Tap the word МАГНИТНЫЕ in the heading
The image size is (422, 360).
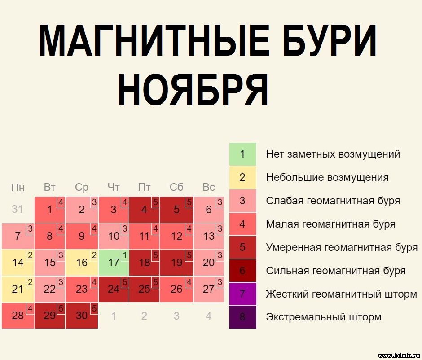point(154,40)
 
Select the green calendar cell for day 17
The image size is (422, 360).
point(114,262)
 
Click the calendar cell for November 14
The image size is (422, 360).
point(18,262)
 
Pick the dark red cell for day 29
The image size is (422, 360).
point(50,316)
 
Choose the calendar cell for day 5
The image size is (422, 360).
point(176,209)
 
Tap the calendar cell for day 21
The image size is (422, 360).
point(18,289)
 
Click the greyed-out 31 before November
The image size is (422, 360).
point(18,209)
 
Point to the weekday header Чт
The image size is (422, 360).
point(113,187)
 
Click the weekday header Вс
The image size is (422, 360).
point(209,187)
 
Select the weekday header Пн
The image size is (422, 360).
point(18,188)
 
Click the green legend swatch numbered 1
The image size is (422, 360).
point(242,154)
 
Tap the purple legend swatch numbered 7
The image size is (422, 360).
point(242,294)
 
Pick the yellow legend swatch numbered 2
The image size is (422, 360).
point(242,177)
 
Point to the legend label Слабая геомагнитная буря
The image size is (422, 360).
point(333,201)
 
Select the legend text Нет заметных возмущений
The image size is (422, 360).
point(333,154)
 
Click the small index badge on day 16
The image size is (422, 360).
point(94,255)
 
